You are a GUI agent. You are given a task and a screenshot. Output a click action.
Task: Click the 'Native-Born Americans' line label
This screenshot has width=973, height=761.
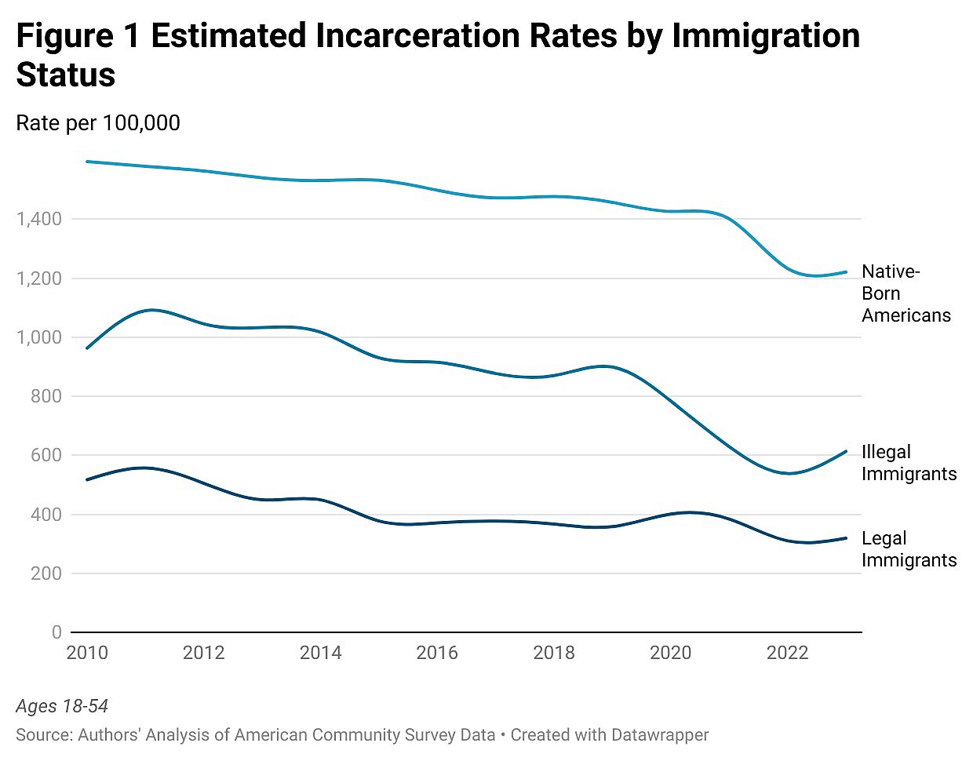906,293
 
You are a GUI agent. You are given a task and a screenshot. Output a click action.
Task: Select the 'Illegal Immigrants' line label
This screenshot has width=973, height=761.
909,463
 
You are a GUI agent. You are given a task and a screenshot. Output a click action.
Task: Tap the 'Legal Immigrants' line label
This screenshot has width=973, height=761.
909,549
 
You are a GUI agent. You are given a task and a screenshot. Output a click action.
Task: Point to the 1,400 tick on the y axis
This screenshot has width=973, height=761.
38,219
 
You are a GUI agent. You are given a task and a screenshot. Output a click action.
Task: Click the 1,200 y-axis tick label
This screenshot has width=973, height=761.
38,279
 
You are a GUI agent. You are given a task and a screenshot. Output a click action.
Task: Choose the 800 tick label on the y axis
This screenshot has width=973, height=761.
46,396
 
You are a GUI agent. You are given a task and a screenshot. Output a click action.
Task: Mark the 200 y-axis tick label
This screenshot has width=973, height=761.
46,573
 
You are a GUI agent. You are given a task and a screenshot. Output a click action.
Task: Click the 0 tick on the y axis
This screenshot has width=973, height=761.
56,632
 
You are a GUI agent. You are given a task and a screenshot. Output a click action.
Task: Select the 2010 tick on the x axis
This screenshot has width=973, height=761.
87,653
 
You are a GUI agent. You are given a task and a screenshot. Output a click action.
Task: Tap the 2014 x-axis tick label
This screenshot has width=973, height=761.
320,653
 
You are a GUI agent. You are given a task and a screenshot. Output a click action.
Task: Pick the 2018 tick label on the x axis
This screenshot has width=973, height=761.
554,653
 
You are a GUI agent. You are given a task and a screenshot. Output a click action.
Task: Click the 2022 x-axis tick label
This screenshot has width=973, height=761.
787,653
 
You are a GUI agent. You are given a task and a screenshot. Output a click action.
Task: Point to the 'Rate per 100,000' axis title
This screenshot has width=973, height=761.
98,123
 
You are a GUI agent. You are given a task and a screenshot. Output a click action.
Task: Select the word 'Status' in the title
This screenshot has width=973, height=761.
66,75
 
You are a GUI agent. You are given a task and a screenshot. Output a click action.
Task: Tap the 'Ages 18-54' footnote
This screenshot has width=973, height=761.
62,706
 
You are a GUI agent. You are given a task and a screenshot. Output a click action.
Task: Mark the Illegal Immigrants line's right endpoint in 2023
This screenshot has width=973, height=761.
846,451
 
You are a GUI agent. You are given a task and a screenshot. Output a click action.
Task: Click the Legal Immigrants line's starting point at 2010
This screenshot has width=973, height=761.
86,479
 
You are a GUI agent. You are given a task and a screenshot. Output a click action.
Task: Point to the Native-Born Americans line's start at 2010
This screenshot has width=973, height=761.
86,162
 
